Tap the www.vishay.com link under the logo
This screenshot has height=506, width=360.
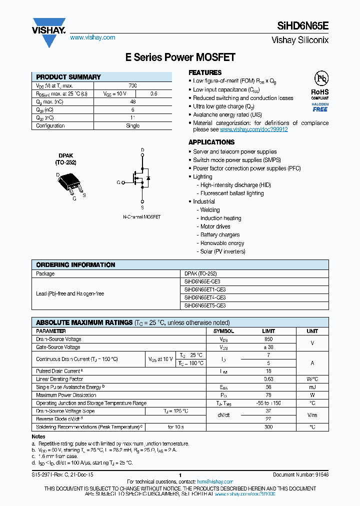(x=92, y=37)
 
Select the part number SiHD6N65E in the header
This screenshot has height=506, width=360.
(x=302, y=28)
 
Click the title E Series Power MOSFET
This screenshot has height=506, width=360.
(x=180, y=57)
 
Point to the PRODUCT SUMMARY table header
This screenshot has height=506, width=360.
(x=68, y=77)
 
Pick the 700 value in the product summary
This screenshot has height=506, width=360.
(x=132, y=86)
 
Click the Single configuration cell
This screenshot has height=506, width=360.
(x=132, y=126)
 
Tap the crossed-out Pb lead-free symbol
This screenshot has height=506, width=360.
(x=320, y=78)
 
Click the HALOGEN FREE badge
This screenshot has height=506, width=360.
(x=320, y=107)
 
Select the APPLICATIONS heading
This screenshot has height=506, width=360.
(x=211, y=142)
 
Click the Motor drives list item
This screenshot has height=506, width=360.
(x=215, y=226)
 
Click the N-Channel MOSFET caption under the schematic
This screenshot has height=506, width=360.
(x=142, y=217)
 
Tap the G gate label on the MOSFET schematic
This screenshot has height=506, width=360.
(x=118, y=183)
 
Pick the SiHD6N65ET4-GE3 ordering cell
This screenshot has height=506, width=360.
(x=205, y=297)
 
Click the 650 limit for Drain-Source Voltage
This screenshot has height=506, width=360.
(x=268, y=339)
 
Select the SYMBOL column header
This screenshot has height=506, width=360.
(x=223, y=331)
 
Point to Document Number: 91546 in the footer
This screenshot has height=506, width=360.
(x=300, y=474)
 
